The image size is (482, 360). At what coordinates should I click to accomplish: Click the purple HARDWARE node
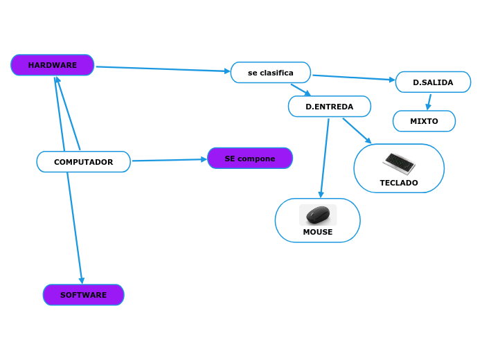[x=53, y=65]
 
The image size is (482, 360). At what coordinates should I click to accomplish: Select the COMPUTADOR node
[x=83, y=162]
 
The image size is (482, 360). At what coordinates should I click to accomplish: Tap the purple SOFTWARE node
[x=83, y=295]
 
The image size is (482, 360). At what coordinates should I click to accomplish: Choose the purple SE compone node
[x=250, y=159]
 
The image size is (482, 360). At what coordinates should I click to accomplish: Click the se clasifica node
[x=271, y=73]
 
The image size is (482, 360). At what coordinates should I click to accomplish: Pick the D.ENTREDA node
[x=330, y=107]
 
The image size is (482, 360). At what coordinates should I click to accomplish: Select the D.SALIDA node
[x=433, y=82]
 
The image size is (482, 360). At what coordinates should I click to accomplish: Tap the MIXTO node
[x=424, y=121]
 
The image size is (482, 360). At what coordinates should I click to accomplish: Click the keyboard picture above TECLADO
[x=399, y=163]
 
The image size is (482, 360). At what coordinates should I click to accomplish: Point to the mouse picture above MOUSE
[x=318, y=215]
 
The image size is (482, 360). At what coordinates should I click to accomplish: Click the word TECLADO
[x=399, y=183]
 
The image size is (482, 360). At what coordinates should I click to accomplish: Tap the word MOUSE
[x=318, y=233]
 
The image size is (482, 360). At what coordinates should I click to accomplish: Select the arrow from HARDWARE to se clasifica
[x=163, y=69]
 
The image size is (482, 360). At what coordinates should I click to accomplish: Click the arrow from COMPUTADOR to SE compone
[x=169, y=160]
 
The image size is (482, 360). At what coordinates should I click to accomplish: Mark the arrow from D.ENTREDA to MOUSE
[x=324, y=159]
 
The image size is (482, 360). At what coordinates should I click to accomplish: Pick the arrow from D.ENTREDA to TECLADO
[x=357, y=131]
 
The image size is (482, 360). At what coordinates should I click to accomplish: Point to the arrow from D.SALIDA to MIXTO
[x=429, y=102]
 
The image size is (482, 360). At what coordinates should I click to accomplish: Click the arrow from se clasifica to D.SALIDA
[x=353, y=78]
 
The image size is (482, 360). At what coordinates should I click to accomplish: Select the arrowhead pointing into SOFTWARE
[x=82, y=280]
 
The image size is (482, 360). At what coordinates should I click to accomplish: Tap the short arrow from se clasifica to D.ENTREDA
[x=301, y=90]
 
